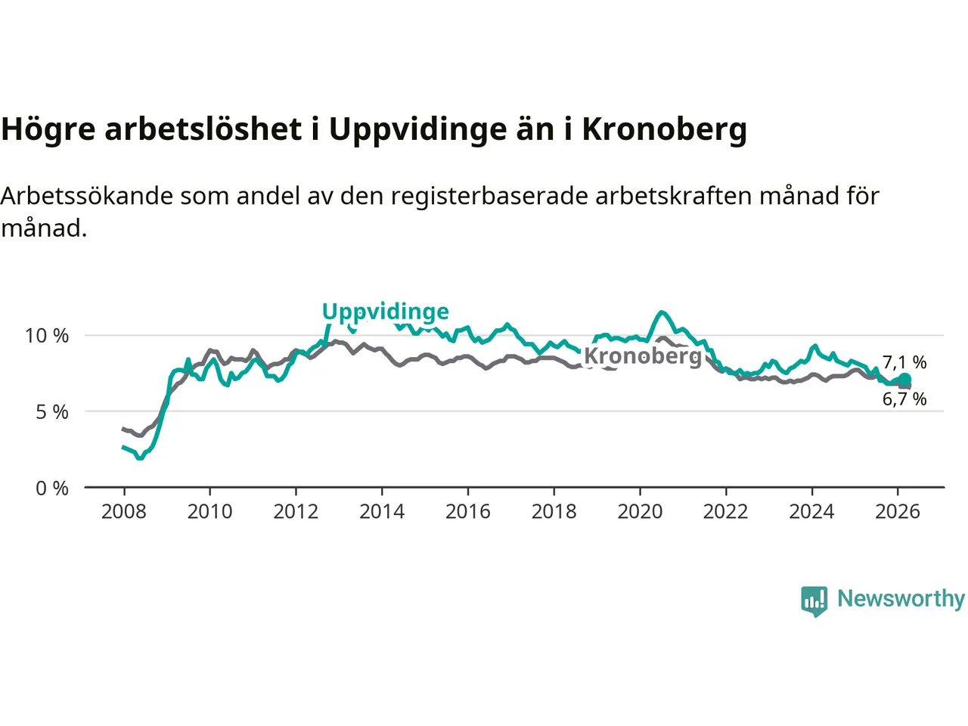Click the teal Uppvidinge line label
385,312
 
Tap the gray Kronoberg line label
643,355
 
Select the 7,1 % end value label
904,362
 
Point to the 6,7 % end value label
904,399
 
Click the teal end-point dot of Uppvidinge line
904,380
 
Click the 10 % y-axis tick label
47,336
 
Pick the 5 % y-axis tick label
52,412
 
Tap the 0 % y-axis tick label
52,489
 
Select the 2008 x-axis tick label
124,512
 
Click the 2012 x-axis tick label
296,512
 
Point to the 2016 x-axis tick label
468,512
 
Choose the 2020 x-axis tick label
640,512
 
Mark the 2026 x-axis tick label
898,512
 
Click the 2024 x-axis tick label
811,512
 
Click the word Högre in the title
48,129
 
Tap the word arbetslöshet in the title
203,129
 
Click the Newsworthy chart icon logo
814,601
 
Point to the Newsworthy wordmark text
901,598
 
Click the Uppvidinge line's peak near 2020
662,312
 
